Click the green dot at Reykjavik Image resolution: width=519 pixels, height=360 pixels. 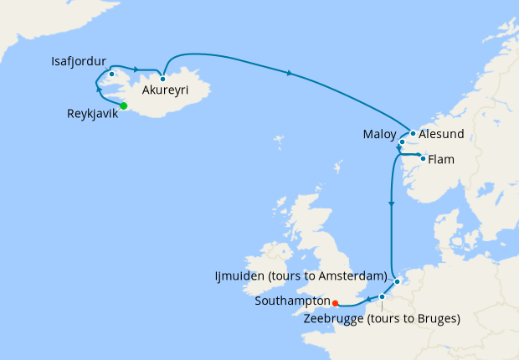tap(123, 105)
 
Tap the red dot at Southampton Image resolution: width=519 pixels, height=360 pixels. tap(334, 303)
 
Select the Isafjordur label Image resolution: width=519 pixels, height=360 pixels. tap(78, 61)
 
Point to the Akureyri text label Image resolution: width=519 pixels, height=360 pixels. tap(165, 90)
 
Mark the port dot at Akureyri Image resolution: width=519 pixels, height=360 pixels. tap(163, 79)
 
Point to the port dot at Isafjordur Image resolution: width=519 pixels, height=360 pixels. tap(111, 74)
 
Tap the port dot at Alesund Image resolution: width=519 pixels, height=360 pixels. tap(413, 133)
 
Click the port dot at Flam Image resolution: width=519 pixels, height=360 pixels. tap(423, 158)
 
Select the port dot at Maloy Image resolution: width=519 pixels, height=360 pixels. tap(403, 142)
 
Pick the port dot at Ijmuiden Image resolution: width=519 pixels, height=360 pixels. tap(398, 281)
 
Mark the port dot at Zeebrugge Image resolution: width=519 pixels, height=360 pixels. tap(382, 296)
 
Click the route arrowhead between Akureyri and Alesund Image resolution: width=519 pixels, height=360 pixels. tap(290, 74)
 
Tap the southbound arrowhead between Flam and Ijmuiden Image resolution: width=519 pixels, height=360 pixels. tap(392, 203)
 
